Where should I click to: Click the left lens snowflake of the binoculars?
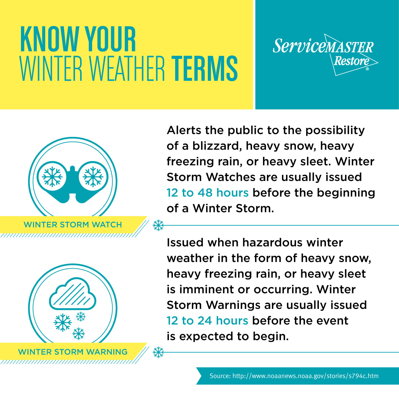52,176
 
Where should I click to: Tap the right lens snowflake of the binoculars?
93,176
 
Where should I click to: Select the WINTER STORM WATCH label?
73,225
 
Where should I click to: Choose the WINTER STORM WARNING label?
73,352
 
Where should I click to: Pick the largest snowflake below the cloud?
63,322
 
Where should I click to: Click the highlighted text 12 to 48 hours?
207,193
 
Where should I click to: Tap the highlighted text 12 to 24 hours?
207,321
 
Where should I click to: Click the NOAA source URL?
305,376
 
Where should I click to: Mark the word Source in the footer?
219,376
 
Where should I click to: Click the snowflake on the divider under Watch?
158,225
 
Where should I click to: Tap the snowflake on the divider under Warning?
158,352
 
